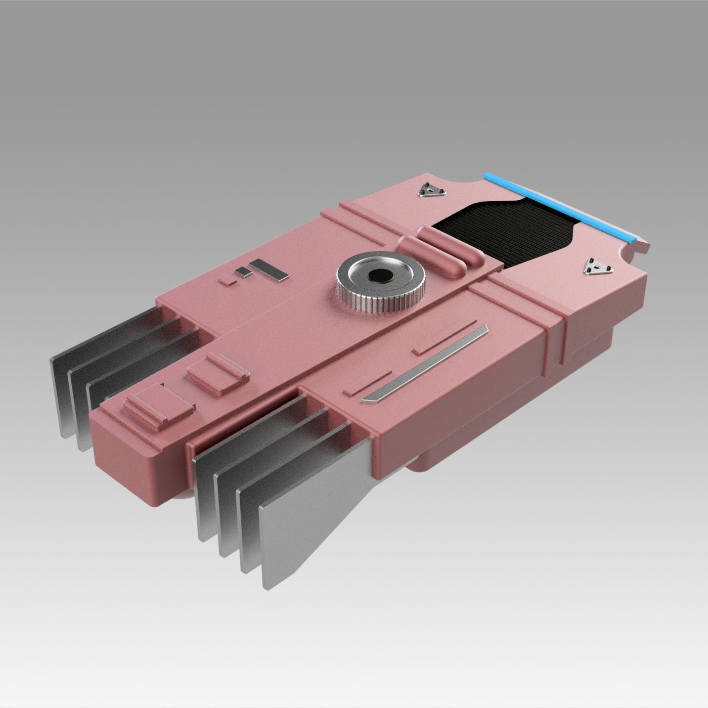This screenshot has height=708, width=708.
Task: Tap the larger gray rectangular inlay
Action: coord(269,270)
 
